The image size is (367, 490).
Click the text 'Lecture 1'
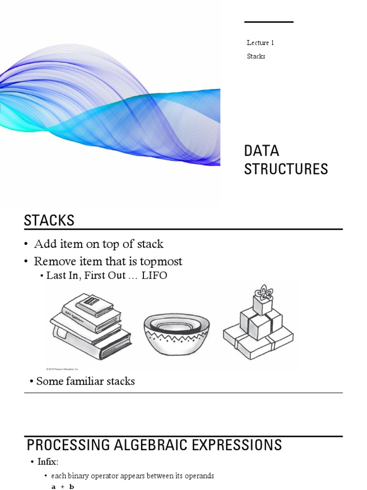[260, 43]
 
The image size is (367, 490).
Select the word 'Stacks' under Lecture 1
[256, 56]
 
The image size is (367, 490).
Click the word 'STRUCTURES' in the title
[286, 169]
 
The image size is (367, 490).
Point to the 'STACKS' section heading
[49, 221]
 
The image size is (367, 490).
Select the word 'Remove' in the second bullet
[52, 262]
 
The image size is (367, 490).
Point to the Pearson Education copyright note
[62, 369]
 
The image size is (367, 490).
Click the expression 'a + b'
[62, 486]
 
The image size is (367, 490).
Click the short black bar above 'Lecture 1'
[269, 22]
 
